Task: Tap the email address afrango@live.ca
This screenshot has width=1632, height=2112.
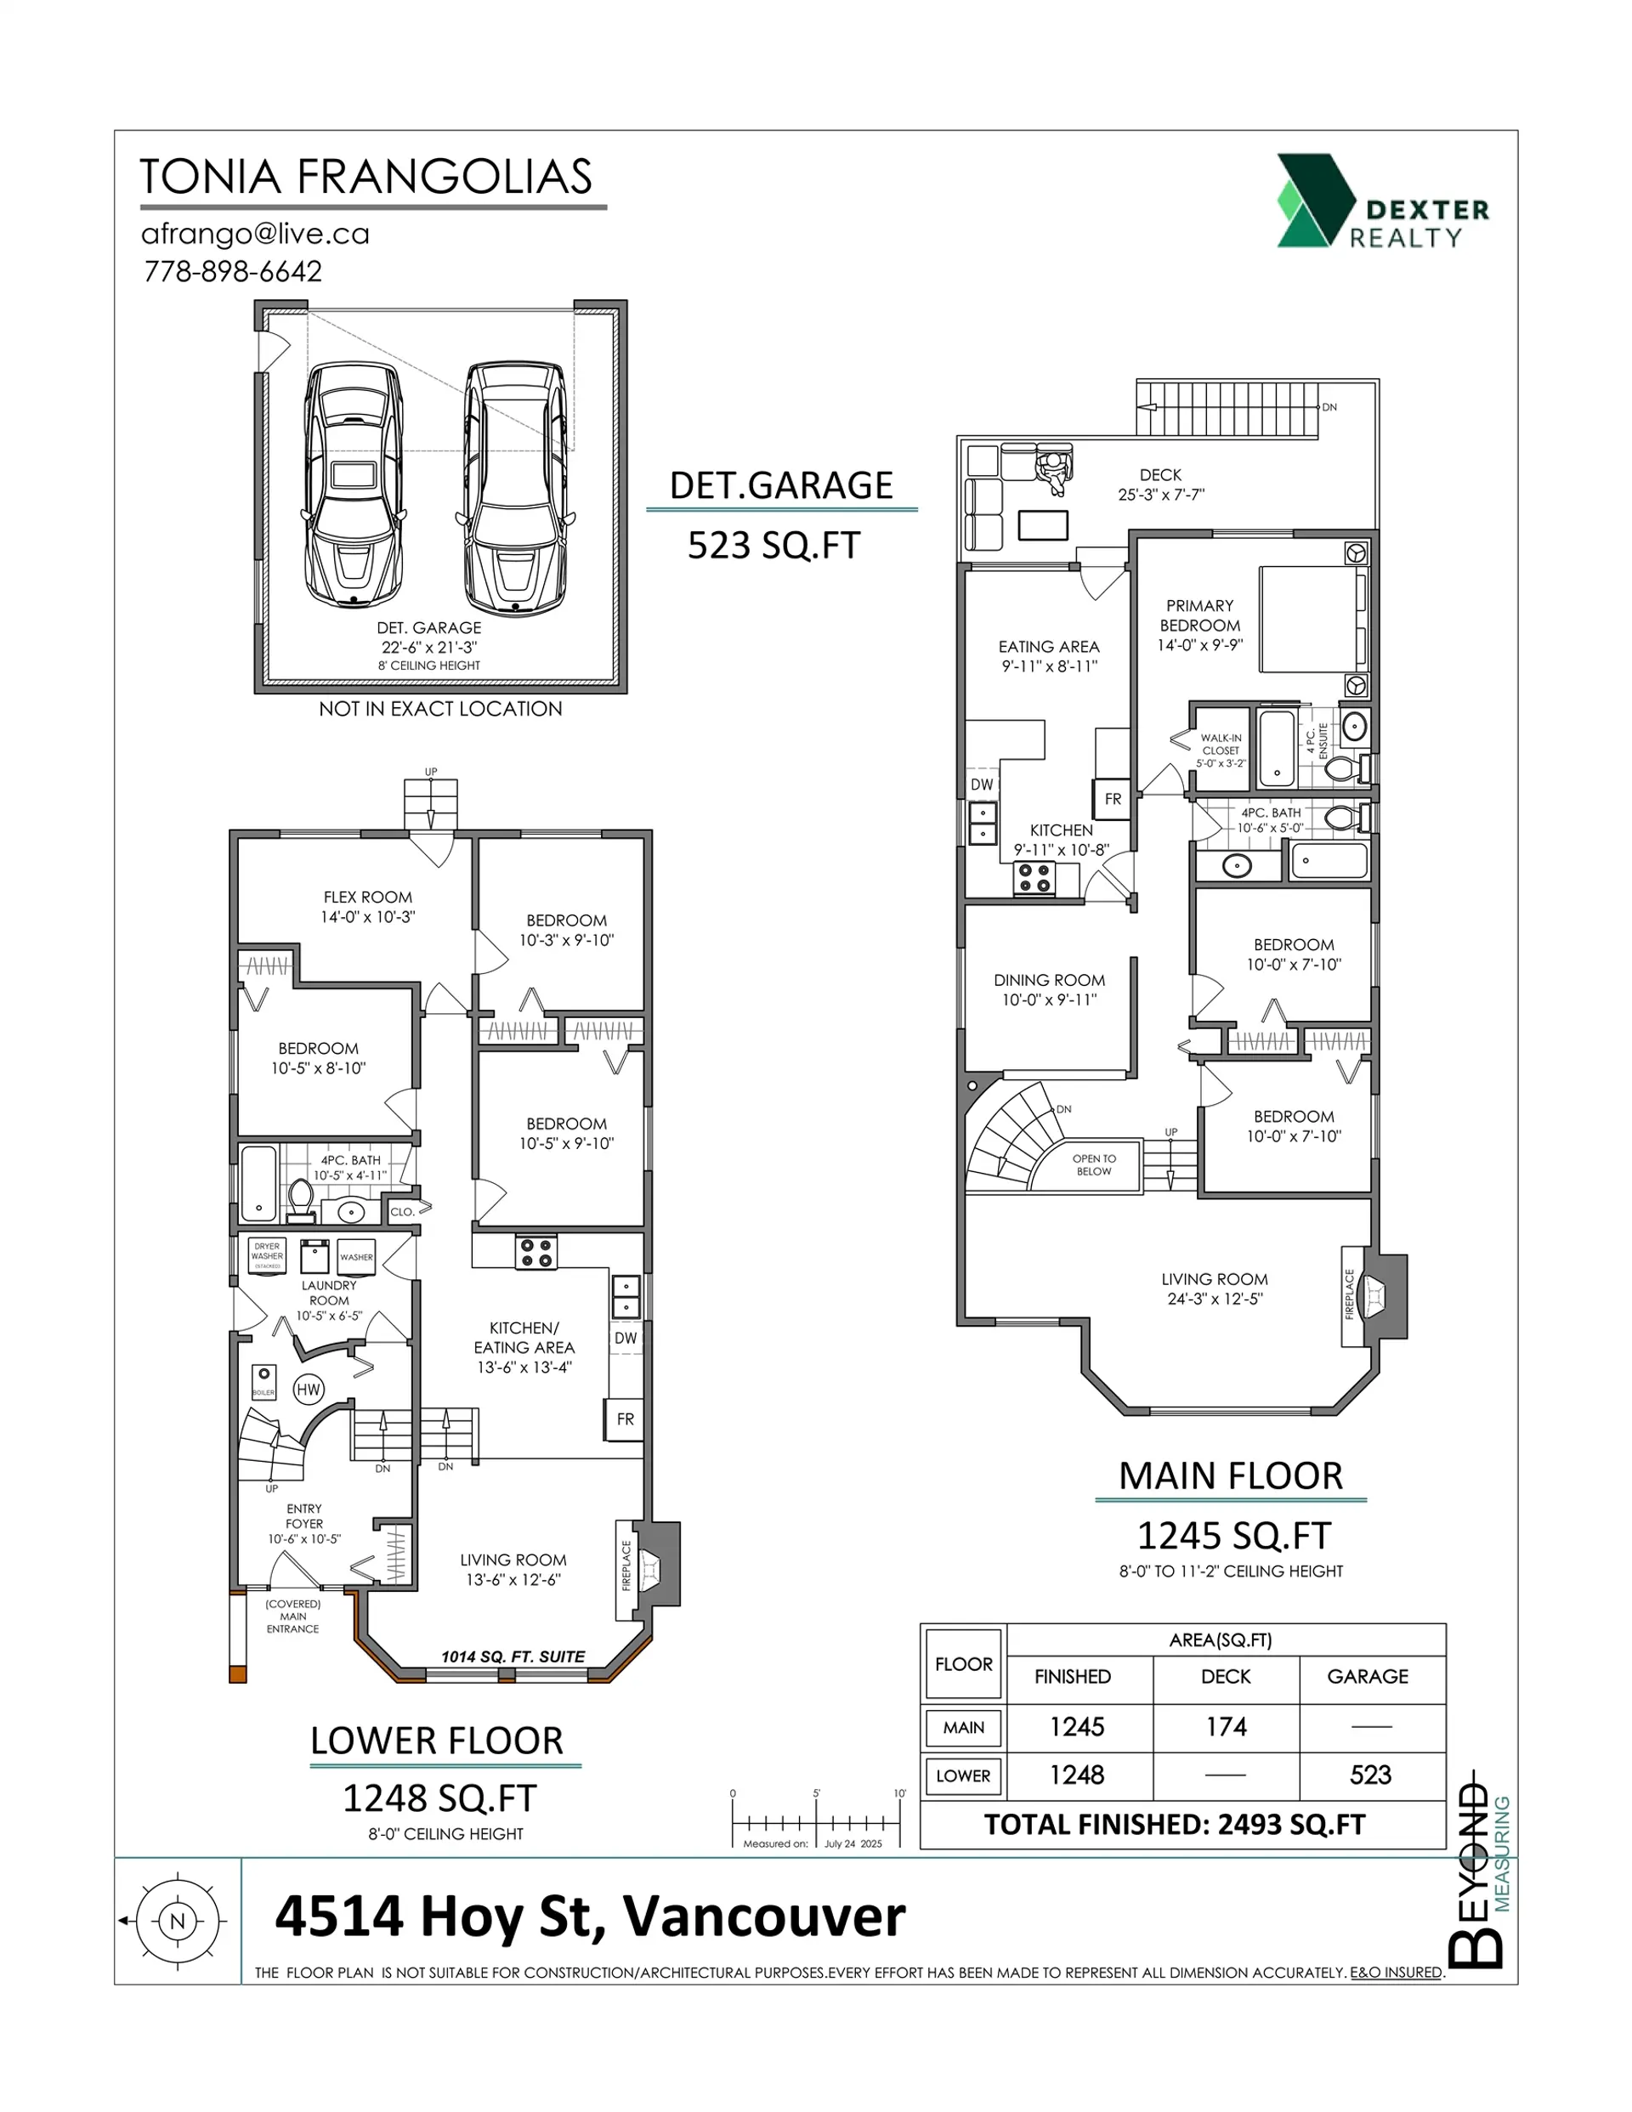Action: click(x=255, y=234)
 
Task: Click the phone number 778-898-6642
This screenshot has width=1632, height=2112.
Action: click(x=232, y=272)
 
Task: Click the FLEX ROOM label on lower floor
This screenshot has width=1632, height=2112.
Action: click(x=367, y=897)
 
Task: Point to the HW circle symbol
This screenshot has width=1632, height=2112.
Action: click(x=308, y=1390)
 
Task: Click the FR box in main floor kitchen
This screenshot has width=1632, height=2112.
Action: click(x=1113, y=799)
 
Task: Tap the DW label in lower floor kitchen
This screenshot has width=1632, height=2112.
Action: click(x=626, y=1339)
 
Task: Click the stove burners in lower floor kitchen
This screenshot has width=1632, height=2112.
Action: click(x=536, y=1254)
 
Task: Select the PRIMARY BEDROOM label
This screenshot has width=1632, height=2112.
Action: click(x=1199, y=615)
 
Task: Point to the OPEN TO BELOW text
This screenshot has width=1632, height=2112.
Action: click(x=1094, y=1164)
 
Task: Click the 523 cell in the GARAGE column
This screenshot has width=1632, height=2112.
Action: click(x=1370, y=1775)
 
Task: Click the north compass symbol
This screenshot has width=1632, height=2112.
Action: click(x=177, y=1922)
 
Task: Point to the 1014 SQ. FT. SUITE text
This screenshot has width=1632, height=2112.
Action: click(x=513, y=1656)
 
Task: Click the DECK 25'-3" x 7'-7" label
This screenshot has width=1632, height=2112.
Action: click(x=1160, y=484)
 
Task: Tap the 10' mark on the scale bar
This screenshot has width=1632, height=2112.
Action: click(x=899, y=1794)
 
